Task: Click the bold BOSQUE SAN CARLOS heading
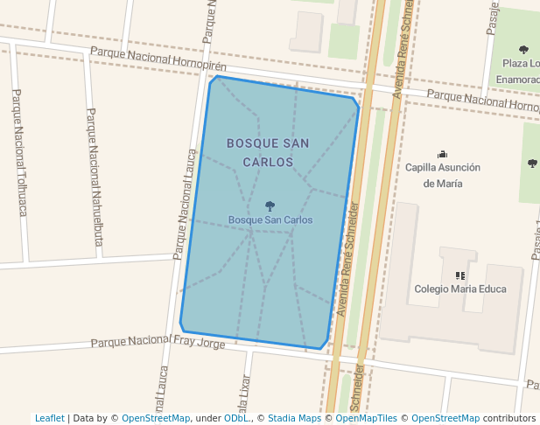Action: click(x=268, y=152)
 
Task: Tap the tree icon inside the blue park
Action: click(x=270, y=206)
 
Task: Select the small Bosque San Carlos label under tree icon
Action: click(x=270, y=220)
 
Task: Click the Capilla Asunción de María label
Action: click(x=443, y=175)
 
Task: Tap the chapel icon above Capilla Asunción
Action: click(x=442, y=154)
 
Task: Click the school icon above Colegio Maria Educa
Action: click(x=459, y=275)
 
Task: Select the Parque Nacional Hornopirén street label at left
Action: click(x=158, y=60)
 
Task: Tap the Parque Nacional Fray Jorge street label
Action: click(x=158, y=341)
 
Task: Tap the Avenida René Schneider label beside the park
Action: click(x=347, y=259)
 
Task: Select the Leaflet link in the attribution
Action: click(x=49, y=418)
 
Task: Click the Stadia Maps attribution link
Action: click(x=294, y=418)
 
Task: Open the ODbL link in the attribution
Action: click(x=235, y=418)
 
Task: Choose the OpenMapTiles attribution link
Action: click(x=366, y=418)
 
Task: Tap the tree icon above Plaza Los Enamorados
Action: click(x=523, y=50)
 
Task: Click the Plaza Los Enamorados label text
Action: click(x=520, y=72)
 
